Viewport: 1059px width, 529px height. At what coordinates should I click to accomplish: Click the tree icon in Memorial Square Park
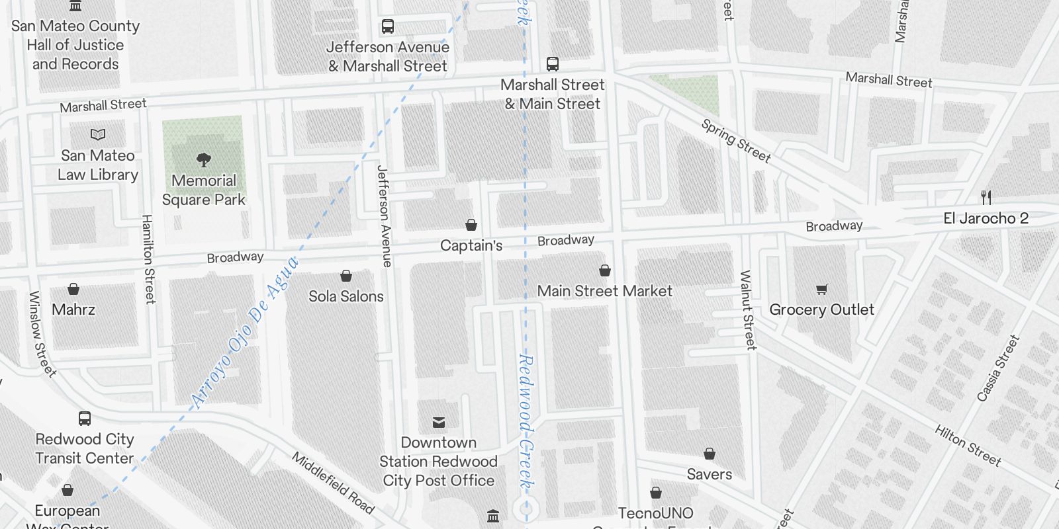[x=204, y=159]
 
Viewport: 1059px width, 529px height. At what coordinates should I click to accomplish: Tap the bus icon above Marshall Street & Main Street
[x=553, y=64]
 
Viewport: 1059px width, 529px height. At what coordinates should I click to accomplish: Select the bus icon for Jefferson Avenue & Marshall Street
[x=388, y=27]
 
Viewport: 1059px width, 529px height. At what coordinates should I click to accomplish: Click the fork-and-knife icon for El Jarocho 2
[x=986, y=197]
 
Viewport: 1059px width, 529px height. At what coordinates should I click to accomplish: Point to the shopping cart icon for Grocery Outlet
[x=821, y=289]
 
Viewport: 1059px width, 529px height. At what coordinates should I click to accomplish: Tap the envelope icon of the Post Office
[x=438, y=423]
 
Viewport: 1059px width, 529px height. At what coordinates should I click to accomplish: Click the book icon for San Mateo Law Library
[x=98, y=135]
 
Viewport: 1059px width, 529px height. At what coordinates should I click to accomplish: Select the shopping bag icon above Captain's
[x=471, y=225]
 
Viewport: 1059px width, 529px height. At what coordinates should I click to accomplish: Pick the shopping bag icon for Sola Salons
[x=345, y=276]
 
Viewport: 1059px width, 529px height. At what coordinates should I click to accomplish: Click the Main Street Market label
[x=604, y=291]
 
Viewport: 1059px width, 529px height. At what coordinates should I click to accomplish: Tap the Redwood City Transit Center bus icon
[x=85, y=419]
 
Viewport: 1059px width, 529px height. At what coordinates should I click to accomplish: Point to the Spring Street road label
[x=736, y=141]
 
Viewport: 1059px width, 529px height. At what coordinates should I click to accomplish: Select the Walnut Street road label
[x=747, y=309]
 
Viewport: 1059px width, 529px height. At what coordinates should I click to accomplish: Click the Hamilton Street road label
[x=148, y=259]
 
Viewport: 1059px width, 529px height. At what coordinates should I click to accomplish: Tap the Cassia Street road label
[x=998, y=368]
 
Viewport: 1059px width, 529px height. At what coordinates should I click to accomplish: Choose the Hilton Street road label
[x=968, y=445]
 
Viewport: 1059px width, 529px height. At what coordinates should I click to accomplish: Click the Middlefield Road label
[x=333, y=483]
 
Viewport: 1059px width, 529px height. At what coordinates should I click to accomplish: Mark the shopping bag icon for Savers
[x=709, y=454]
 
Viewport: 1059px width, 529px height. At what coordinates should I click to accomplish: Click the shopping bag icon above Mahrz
[x=73, y=290]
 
